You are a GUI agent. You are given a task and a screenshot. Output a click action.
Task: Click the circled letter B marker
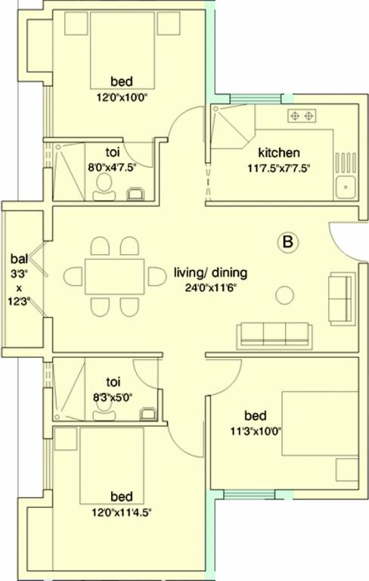(x=287, y=243)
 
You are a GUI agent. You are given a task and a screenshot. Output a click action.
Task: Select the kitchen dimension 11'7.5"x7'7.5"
(x=279, y=168)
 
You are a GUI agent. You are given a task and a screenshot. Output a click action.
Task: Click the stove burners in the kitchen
(x=302, y=116)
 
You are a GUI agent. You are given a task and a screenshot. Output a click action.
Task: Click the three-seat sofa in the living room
(x=273, y=333)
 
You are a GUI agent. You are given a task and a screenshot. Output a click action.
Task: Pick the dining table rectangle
(x=114, y=277)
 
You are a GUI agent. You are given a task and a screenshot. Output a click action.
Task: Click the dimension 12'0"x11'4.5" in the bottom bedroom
(x=121, y=512)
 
